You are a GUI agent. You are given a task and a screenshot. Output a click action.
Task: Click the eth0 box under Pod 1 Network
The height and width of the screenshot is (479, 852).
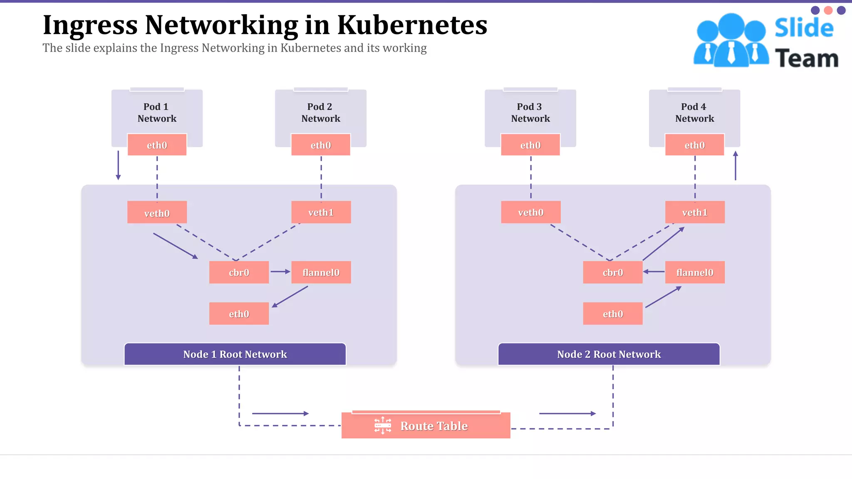pos(157,145)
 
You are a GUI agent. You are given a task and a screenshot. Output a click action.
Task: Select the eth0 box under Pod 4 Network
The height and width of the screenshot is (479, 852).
pos(694,145)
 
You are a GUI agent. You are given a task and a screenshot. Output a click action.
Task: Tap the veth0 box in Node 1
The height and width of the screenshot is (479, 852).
pos(157,212)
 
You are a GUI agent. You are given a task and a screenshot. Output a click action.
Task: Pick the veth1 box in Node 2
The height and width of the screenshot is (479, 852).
pos(694,212)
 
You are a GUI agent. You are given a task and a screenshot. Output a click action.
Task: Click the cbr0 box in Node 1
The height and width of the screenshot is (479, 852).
pos(239,272)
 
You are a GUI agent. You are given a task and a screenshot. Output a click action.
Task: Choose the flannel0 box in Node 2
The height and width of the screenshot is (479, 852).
pos(694,272)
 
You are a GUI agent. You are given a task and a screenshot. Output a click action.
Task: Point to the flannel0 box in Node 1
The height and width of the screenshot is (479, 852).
pos(321,272)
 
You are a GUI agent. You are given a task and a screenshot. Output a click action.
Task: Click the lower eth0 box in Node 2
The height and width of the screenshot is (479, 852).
pos(612,314)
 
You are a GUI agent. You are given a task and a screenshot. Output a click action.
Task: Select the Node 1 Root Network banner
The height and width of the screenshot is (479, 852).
pos(235,354)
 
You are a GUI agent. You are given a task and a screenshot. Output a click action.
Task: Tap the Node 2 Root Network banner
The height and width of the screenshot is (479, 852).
pos(609,354)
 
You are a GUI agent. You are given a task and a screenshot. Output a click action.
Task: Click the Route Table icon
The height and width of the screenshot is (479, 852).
pos(383,425)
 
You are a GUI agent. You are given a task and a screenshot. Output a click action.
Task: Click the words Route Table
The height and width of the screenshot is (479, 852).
pos(434,426)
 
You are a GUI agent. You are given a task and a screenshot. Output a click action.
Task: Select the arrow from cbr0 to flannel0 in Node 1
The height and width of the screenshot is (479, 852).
pos(280,272)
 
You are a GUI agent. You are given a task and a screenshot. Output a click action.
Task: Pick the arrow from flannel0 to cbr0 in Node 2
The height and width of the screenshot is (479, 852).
pos(654,272)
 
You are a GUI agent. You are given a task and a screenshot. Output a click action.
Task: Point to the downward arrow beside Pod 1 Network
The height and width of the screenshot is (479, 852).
pos(118,165)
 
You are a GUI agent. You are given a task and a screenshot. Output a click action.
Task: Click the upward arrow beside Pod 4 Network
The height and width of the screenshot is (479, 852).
pos(735,165)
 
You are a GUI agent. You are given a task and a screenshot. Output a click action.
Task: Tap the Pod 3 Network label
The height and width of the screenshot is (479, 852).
pos(530,113)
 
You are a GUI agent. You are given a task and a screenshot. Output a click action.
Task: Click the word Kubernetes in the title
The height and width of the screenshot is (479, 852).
pos(412,25)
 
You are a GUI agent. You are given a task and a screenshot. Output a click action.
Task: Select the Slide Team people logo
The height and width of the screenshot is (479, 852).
pos(731,41)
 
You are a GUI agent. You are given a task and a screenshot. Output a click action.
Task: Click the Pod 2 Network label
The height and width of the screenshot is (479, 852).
pos(320,113)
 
